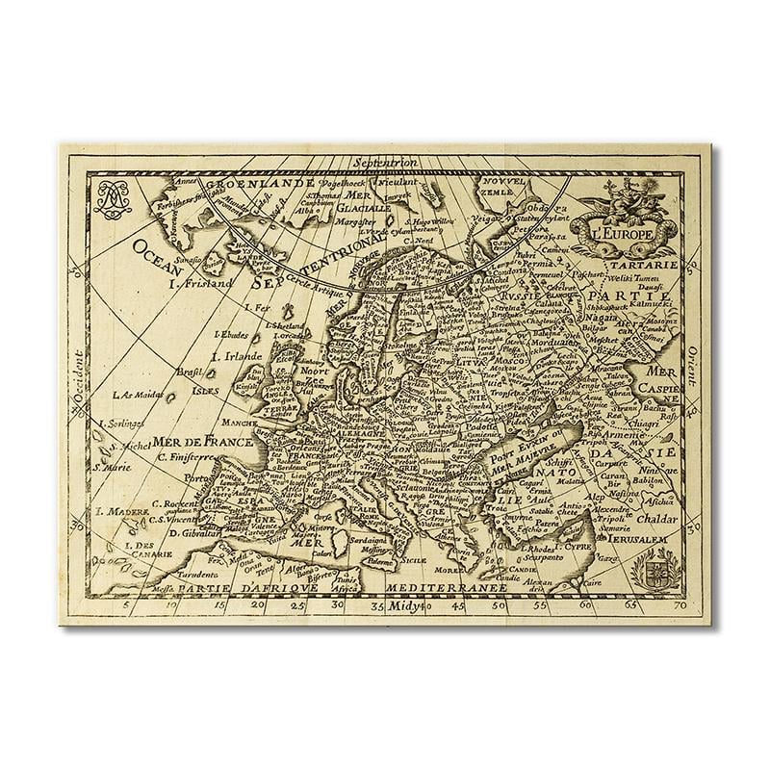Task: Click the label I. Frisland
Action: pos(200,284)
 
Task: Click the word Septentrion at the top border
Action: pos(384,162)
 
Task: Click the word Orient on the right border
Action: pos(694,367)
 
